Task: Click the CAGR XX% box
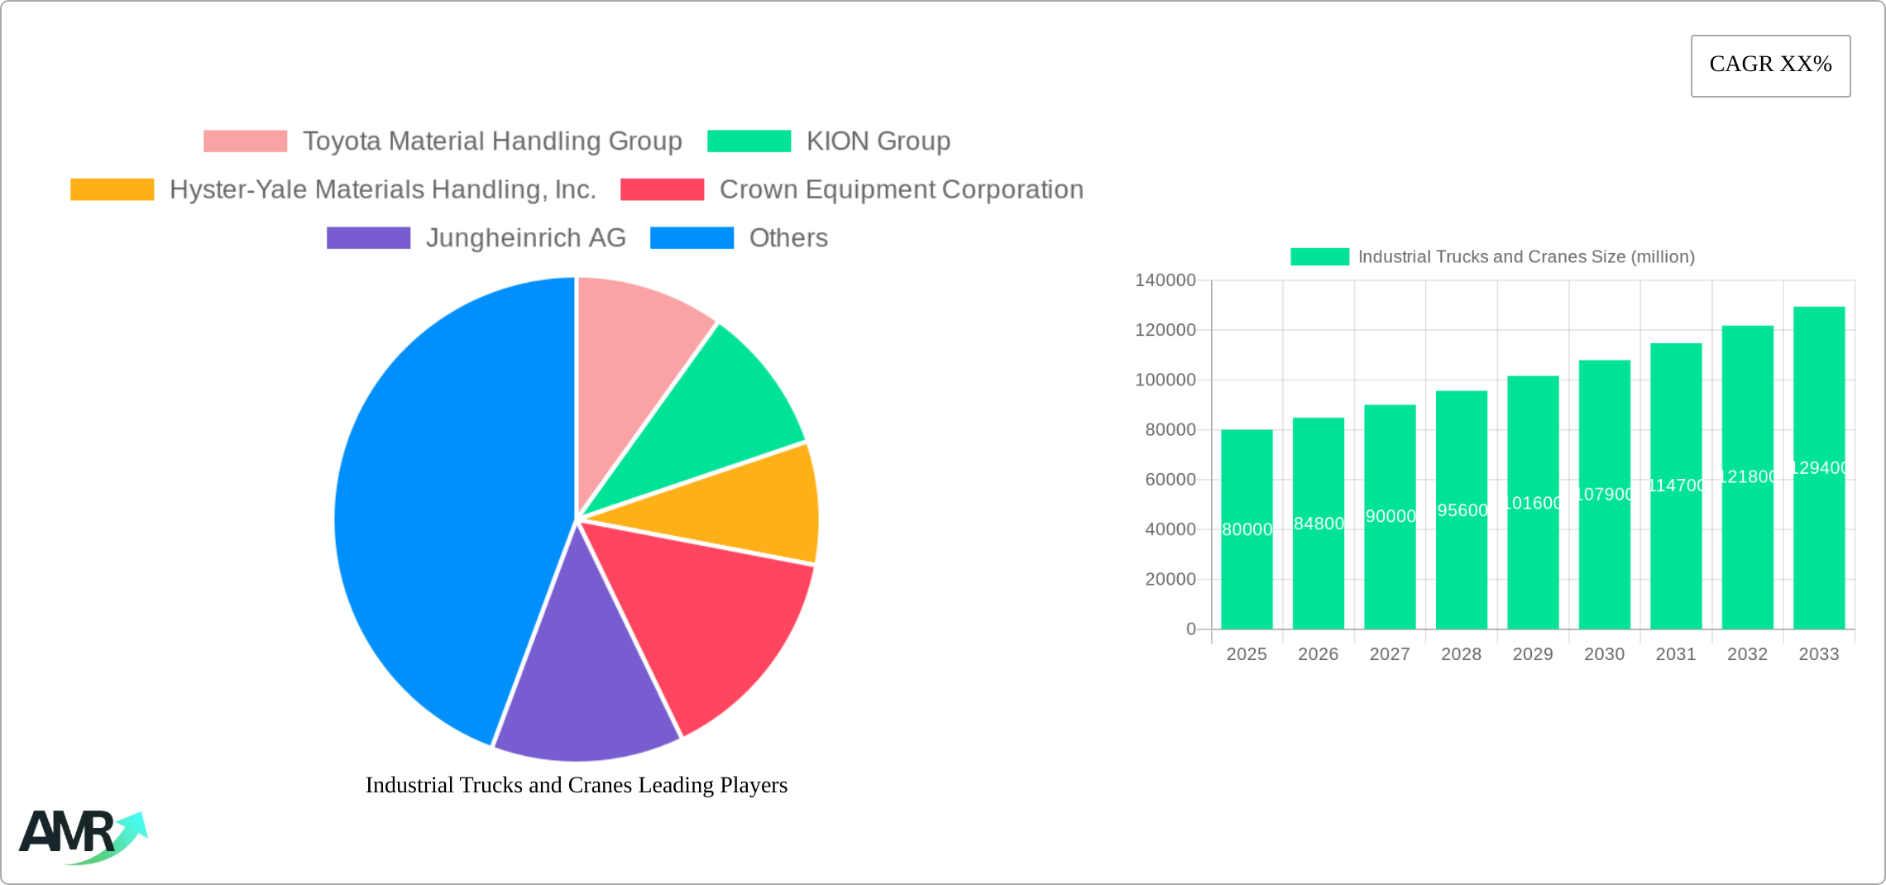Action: (1770, 65)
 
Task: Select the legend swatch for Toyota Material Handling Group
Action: (245, 141)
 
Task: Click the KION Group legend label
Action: (878, 141)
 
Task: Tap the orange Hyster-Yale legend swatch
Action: (112, 189)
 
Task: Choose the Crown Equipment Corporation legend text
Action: (901, 189)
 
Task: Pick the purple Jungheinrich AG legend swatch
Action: (368, 238)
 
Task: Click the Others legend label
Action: (787, 238)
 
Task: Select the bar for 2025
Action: (1247, 562)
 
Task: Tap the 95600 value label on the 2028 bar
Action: (1462, 510)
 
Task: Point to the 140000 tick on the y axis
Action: (1165, 280)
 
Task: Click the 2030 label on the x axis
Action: (1604, 654)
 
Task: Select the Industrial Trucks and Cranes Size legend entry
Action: (1492, 257)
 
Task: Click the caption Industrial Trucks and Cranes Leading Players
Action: (577, 785)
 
